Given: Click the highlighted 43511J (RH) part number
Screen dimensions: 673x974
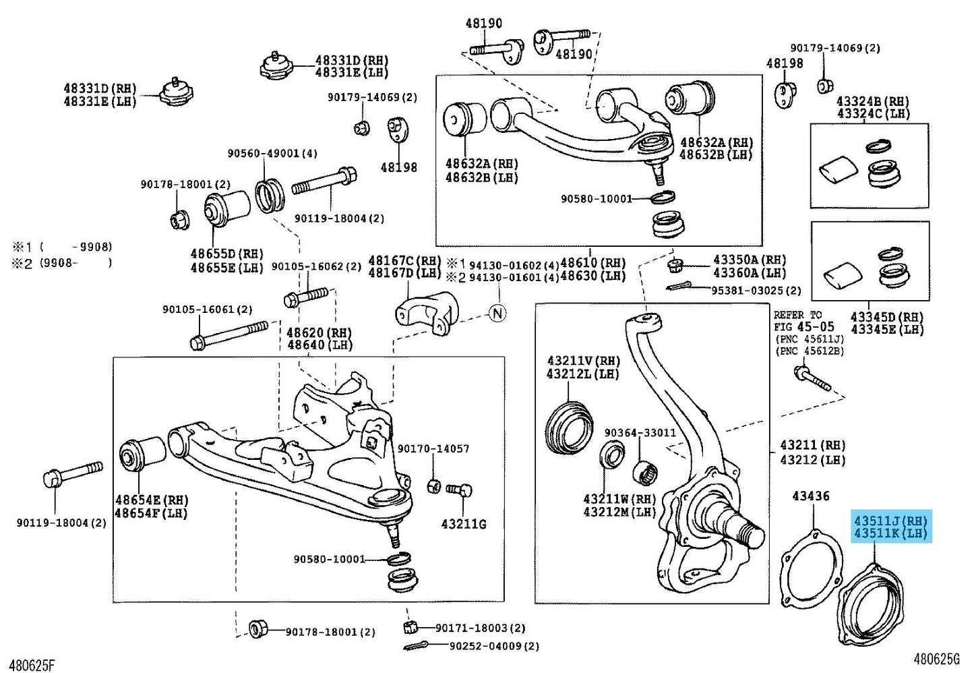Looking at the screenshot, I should coord(890,521).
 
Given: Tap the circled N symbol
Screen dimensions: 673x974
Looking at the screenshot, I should coord(497,314).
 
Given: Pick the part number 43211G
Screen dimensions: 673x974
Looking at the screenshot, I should coord(463,524).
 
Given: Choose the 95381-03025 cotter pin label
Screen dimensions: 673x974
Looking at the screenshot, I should coord(756,291).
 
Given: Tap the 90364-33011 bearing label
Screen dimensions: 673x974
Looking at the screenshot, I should coord(640,433).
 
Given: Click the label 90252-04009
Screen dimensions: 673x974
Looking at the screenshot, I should coord(494,646).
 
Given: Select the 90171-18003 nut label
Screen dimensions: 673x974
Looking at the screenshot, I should coord(480,628).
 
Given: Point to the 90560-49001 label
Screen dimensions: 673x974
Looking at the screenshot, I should coord(272,154).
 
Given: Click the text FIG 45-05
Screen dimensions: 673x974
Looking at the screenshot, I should coord(804,327).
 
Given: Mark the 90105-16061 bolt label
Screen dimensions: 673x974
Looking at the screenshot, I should coord(207,310).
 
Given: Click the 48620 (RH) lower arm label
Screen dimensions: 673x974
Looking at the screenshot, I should coord(319,332).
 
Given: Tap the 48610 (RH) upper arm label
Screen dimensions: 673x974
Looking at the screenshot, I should coord(592,263).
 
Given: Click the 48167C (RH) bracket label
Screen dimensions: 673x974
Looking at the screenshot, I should coord(404,260).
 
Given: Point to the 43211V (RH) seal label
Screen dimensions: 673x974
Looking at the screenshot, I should coord(583,361).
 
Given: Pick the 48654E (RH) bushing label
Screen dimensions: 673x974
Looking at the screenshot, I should coord(151,500).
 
